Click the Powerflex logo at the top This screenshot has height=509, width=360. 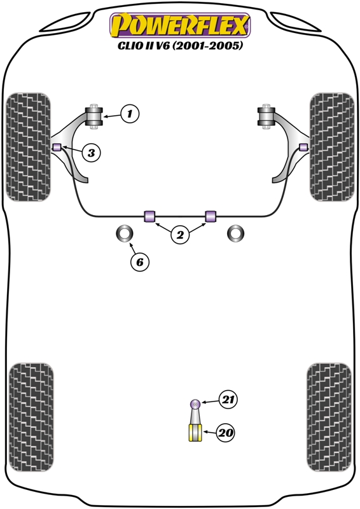coord(180,25)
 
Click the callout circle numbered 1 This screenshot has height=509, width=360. coord(130,114)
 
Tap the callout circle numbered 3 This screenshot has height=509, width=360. coord(91,152)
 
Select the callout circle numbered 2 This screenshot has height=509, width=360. coord(180,234)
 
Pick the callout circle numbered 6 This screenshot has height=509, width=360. coord(139,261)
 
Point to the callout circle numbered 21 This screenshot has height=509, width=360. coord(228,400)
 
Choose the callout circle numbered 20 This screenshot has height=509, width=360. coord(226,433)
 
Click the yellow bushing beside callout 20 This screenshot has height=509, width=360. coord(195,433)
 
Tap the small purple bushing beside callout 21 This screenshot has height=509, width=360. coord(195,404)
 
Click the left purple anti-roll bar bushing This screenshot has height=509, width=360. coord(149,216)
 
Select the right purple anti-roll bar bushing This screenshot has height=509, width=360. coord(211,216)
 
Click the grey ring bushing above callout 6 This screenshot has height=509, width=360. coord(125,234)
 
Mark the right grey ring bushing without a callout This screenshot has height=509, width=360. coord(236,234)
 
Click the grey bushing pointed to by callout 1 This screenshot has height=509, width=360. coord(93,116)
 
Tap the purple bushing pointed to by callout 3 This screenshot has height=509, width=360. coord(57,147)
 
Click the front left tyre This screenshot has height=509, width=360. coord(29,147)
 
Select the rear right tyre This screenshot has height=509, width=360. coord(329,417)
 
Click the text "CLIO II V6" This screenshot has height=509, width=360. coord(143,45)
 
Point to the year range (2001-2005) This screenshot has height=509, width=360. coord(207,45)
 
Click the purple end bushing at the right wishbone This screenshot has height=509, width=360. coord(303,147)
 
